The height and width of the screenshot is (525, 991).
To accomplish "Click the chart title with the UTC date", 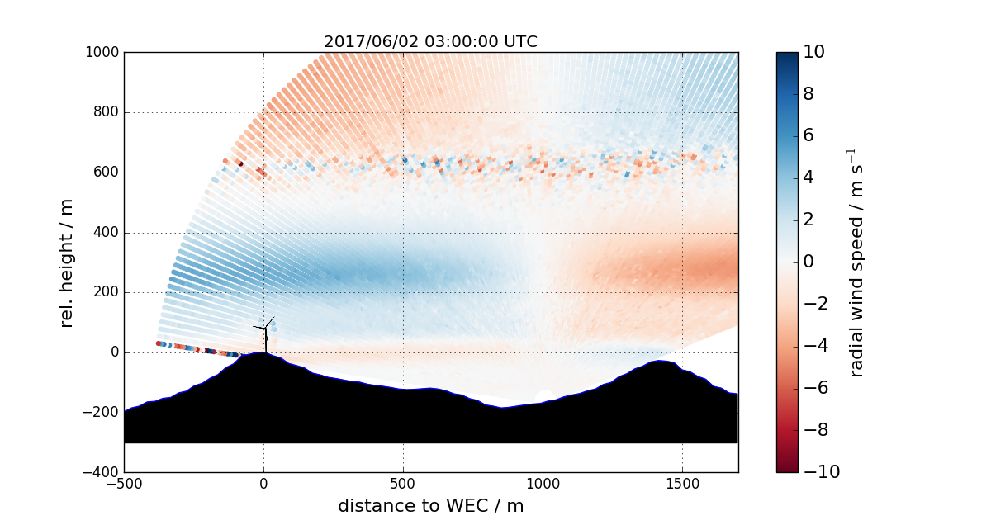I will (430, 42).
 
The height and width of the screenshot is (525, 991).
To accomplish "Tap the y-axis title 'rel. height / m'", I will (67, 262).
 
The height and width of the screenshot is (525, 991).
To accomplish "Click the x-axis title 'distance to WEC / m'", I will (430, 506).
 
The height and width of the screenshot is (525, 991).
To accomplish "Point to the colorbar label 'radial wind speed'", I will (856, 262).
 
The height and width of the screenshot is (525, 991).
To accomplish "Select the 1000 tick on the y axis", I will (102, 53).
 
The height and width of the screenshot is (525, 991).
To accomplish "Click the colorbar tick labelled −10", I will (818, 472).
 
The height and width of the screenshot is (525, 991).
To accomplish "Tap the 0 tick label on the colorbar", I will (808, 262).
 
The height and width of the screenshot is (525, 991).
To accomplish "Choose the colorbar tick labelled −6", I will (813, 388).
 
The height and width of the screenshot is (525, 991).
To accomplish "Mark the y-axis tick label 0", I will (115, 352).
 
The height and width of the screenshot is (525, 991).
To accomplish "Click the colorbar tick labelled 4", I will (808, 177).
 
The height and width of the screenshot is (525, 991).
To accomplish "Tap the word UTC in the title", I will (521, 42).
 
